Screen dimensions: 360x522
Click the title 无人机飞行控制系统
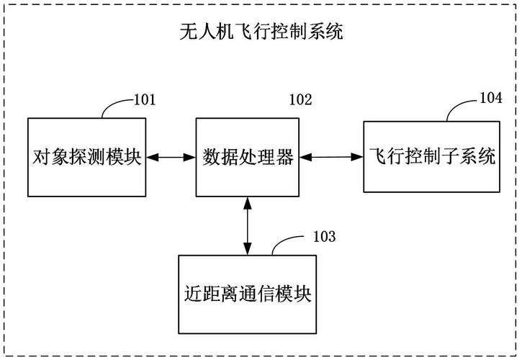261,31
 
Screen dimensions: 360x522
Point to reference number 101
145,99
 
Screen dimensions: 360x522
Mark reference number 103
323,235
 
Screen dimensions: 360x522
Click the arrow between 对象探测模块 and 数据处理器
171,156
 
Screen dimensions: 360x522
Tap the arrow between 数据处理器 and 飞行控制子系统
332,156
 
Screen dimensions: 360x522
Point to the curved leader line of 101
115,106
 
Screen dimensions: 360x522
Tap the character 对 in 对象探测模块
40,156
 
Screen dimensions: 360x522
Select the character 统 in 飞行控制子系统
487,156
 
